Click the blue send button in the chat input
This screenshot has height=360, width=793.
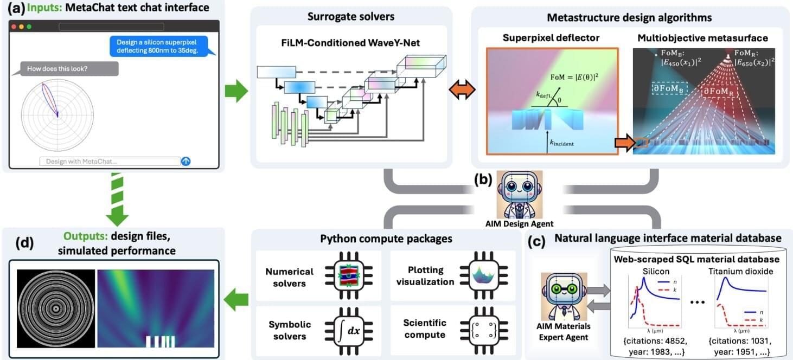point(186,161)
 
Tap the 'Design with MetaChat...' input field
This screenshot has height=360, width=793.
point(109,161)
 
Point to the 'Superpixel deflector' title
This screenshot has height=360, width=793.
point(551,39)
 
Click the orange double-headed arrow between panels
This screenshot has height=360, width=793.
point(463,91)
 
